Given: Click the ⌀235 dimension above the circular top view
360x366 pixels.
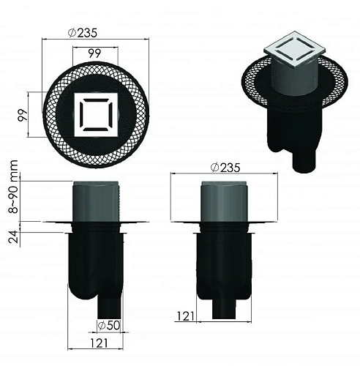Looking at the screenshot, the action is pos(83,32).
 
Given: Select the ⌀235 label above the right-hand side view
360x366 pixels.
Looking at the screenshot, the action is pos(225,168).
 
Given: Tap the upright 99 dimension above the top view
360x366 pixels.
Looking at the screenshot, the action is pos(94,53).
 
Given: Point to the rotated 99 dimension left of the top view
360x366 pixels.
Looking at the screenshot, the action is pos(23,115).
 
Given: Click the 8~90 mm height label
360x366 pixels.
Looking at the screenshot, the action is pos(13,187).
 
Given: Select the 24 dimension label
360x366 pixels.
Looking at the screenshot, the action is pos(14,236).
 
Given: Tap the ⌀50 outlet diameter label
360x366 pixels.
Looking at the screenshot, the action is pos(109,325).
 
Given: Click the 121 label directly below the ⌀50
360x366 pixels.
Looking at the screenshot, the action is pos(99,343).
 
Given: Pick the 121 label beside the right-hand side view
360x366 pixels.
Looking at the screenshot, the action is pos(185,316).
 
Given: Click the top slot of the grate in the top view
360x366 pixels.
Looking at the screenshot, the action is pos(96,100).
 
